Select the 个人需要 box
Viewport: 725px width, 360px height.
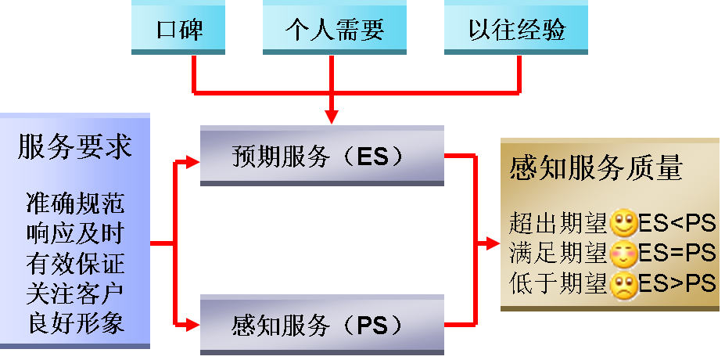click(334, 30)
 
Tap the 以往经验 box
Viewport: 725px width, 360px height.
click(516, 30)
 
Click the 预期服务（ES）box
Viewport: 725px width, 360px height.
click(321, 157)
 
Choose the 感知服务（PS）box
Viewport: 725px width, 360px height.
click(321, 323)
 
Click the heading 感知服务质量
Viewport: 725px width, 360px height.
click(596, 167)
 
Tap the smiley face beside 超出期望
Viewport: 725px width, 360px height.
click(623, 224)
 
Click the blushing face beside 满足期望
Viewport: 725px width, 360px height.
click(623, 254)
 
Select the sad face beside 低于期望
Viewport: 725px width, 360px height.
click(623, 283)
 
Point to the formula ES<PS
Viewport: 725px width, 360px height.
click(677, 224)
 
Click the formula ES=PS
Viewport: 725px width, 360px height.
click(677, 254)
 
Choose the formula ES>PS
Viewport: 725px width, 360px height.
click(677, 283)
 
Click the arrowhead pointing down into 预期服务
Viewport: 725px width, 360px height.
click(332, 117)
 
